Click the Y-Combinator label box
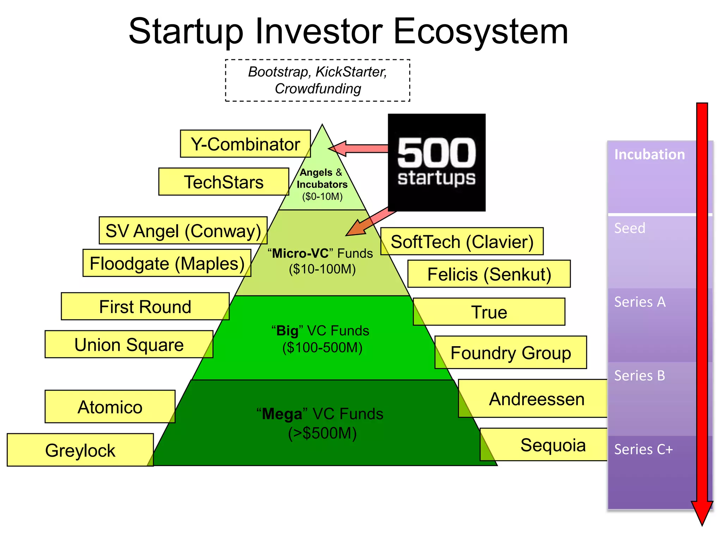[x=245, y=144]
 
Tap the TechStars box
[x=224, y=182]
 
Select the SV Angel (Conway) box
[x=183, y=230]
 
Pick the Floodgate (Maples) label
[x=167, y=263]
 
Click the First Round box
[x=145, y=306]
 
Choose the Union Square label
[x=129, y=344]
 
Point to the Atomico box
[x=110, y=406]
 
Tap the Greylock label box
[x=80, y=450]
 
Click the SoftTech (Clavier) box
[x=462, y=241]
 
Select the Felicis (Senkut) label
[x=489, y=274]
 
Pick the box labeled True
[x=489, y=312]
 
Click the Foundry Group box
[x=510, y=353]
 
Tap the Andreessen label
[x=536, y=399]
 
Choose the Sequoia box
[x=552, y=445]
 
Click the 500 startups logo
[x=436, y=162]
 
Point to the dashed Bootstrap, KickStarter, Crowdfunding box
[x=317, y=80]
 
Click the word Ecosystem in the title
[x=480, y=32]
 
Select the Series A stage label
[x=640, y=302]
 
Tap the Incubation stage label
[x=649, y=154]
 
